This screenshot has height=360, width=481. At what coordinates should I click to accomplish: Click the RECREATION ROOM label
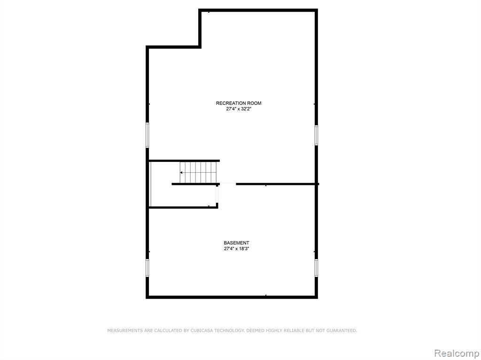point(239,103)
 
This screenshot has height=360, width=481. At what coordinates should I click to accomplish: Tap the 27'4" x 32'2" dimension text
point(239,109)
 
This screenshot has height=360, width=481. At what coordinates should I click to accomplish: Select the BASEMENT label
point(236,243)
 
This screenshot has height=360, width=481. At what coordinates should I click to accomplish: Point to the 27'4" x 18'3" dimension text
point(236,249)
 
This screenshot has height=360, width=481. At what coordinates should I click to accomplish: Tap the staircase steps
point(198,172)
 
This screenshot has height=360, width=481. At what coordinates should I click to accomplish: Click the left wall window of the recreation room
point(147,135)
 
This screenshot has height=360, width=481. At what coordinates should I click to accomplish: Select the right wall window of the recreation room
point(316,135)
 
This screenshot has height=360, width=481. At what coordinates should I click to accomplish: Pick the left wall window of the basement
point(147,268)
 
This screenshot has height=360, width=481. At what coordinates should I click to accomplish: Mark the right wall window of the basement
point(316,268)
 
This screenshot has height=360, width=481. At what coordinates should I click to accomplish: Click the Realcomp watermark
point(456,353)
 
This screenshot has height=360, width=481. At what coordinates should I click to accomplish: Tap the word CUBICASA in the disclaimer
point(202,330)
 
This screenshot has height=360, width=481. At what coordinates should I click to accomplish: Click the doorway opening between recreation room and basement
point(228,184)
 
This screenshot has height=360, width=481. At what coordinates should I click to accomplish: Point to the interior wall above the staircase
point(184,161)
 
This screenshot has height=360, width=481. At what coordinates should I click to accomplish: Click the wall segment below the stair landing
point(184,207)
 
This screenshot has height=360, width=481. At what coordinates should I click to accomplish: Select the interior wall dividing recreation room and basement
point(277,184)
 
